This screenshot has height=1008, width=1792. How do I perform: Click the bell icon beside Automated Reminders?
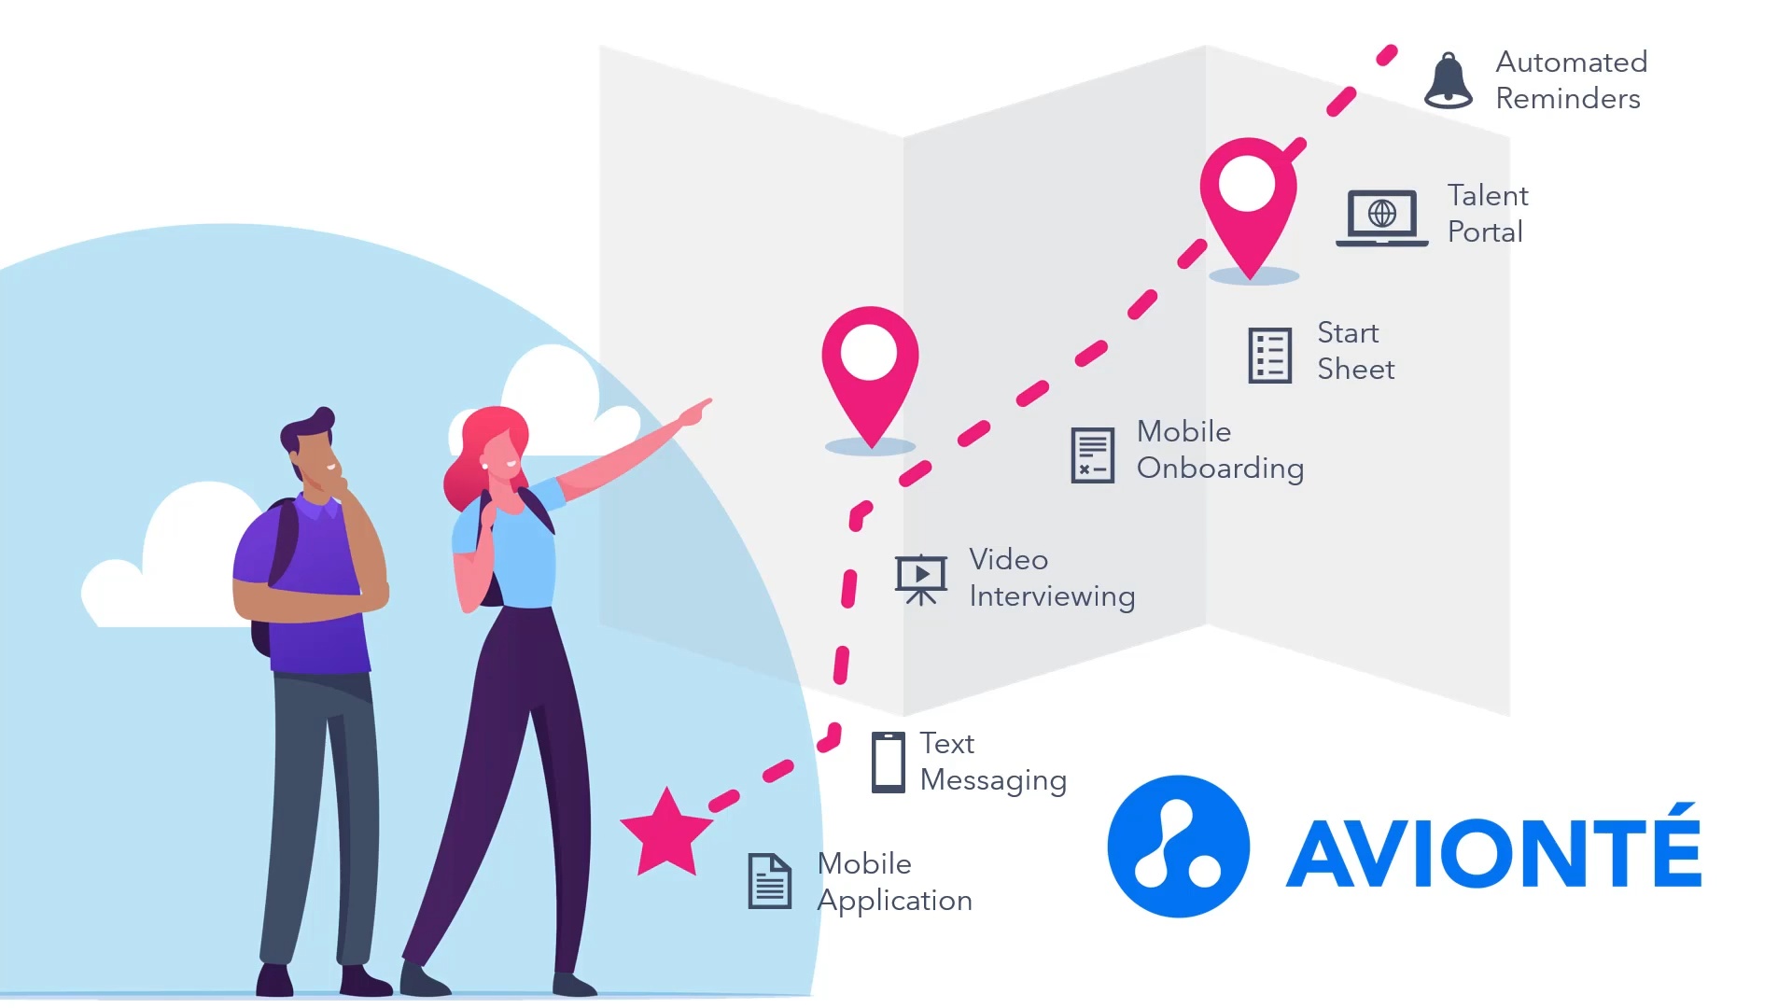pyautogui.click(x=1448, y=81)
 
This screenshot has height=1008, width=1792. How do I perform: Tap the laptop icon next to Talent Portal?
pyautogui.click(x=1381, y=217)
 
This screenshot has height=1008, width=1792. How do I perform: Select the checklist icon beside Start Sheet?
pyautogui.click(x=1270, y=356)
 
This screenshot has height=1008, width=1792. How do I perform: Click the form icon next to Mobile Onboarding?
pyautogui.click(x=1092, y=455)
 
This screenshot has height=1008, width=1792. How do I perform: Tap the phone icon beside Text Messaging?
pyautogui.click(x=888, y=763)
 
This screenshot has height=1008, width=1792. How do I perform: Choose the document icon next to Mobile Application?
pyautogui.click(x=770, y=881)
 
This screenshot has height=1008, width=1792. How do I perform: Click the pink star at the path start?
pyautogui.click(x=666, y=833)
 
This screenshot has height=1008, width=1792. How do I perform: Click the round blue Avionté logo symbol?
pyautogui.click(x=1178, y=847)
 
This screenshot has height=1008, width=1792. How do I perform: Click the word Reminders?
pyautogui.click(x=1568, y=99)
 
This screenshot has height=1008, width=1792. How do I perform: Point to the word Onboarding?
pyautogui.click(x=1220, y=469)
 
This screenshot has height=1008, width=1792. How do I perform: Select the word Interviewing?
pyautogui.click(x=1052, y=596)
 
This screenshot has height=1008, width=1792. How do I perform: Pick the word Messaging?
pyautogui.click(x=993, y=780)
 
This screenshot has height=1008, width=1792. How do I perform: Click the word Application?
pyautogui.click(x=894, y=901)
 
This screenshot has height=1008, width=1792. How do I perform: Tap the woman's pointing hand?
pyautogui.click(x=695, y=412)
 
